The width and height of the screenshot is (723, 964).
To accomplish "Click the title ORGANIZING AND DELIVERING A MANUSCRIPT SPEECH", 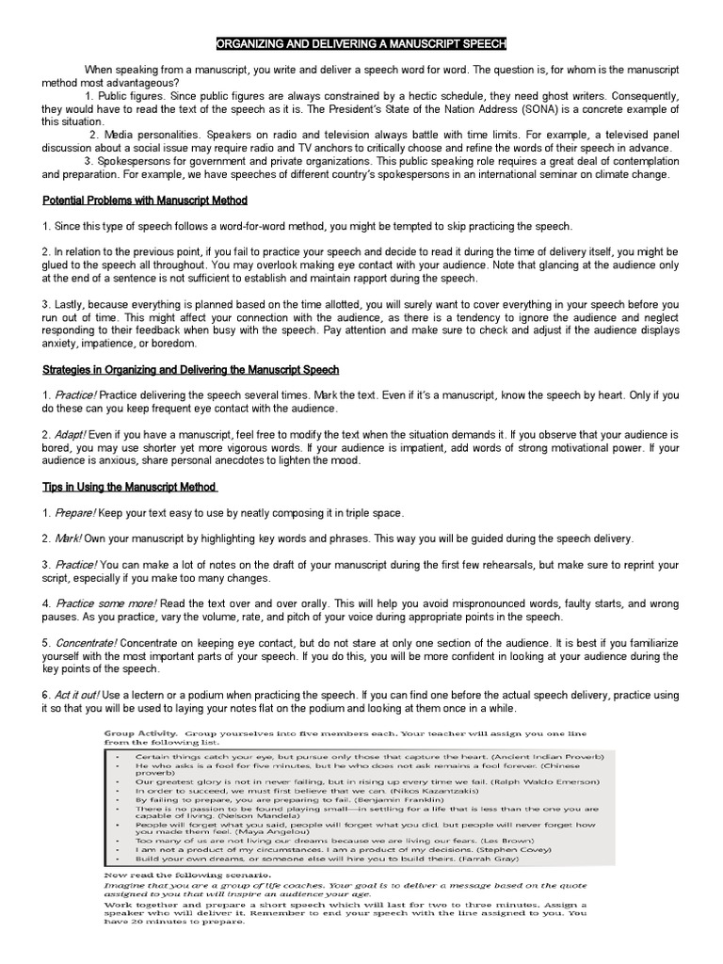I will pos(361,44).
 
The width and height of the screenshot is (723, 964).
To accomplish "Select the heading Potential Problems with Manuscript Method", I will pos(145,201).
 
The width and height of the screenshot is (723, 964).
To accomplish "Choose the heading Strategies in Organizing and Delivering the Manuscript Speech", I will pos(191,370).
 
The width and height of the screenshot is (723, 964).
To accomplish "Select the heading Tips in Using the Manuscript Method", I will pos(129,487).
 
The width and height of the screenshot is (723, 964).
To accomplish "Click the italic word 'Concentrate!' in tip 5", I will pos(87,643).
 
